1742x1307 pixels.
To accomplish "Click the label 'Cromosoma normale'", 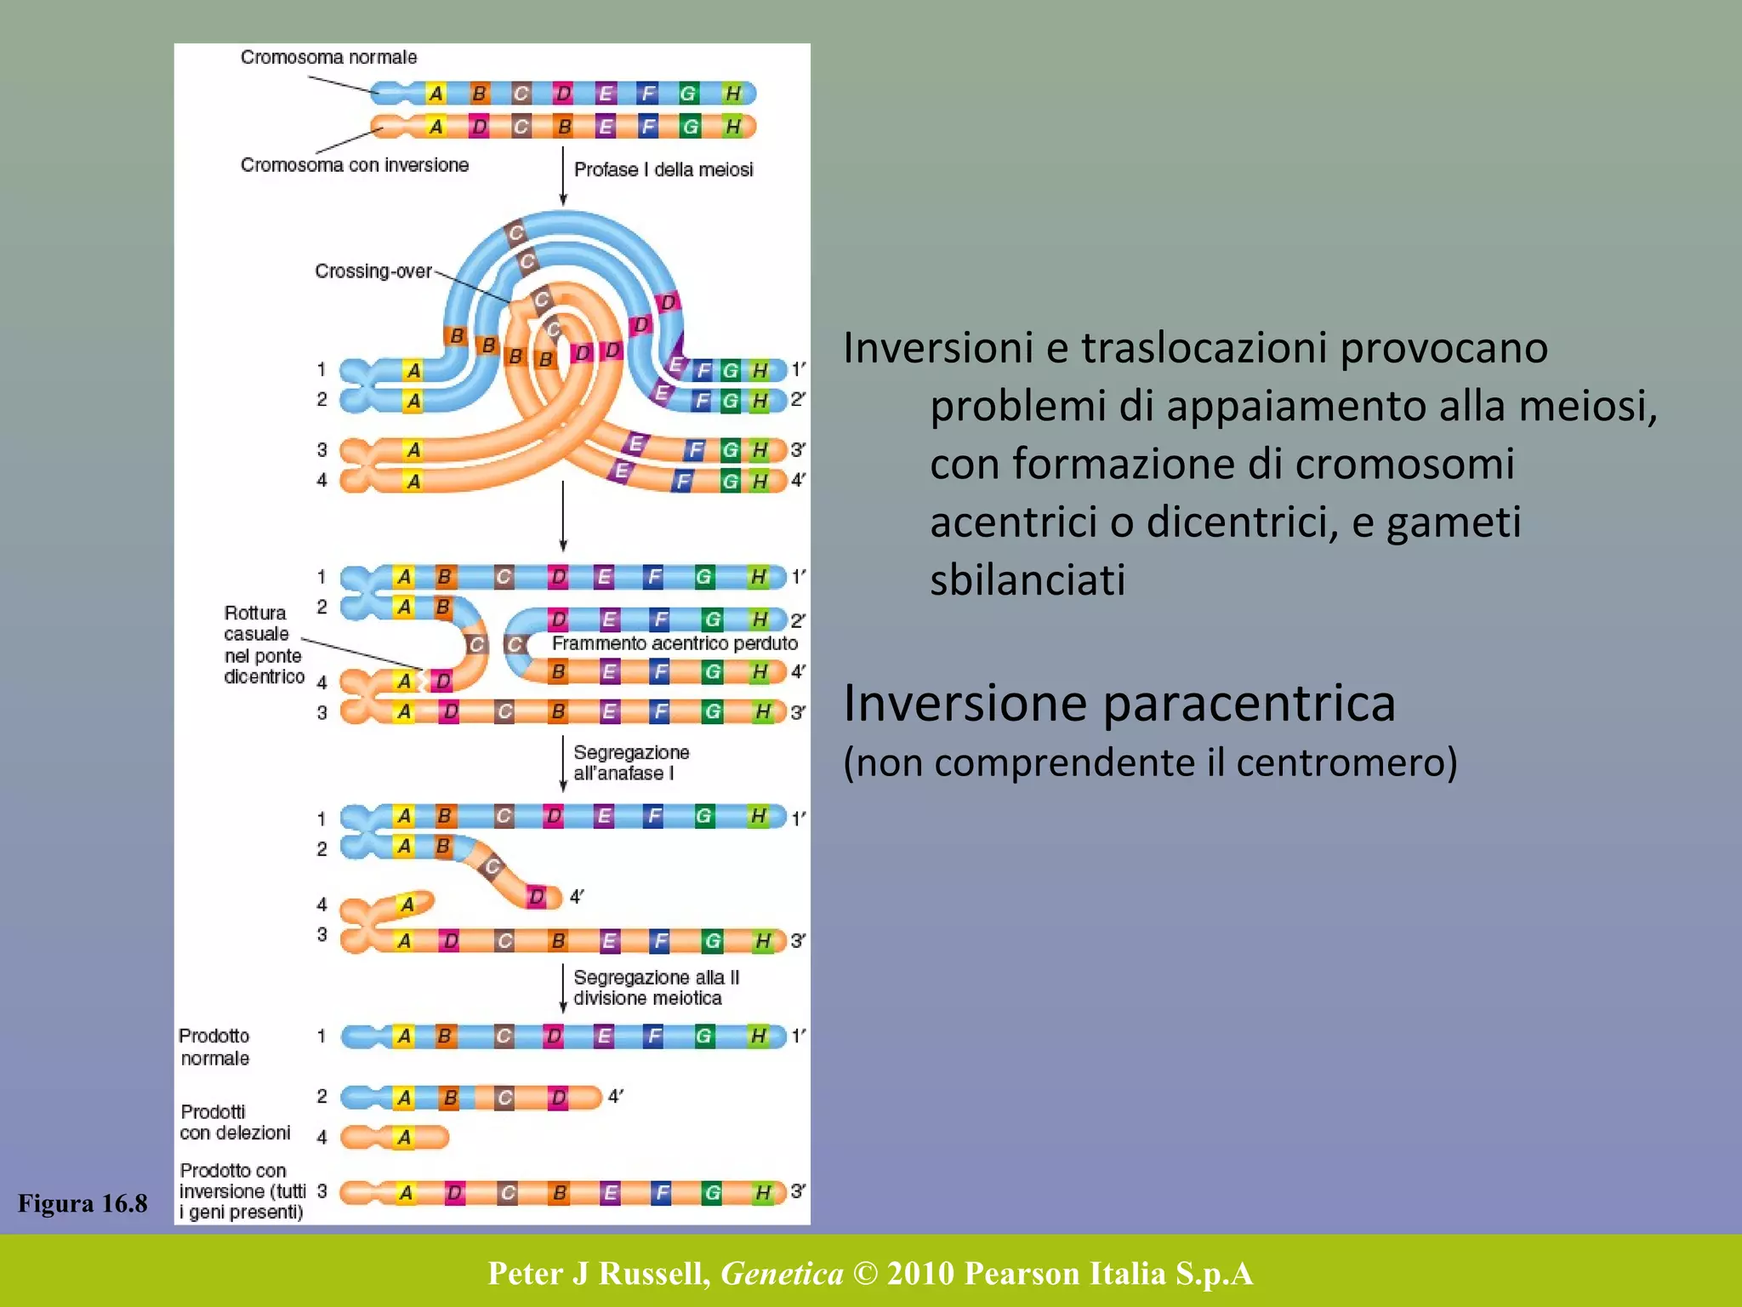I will coord(328,57).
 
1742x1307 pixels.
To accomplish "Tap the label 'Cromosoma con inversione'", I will coord(354,165).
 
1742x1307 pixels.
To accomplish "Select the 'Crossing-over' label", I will coord(373,271).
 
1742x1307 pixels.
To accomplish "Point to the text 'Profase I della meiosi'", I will coord(663,169).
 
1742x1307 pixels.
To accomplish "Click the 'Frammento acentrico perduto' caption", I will coord(675,643).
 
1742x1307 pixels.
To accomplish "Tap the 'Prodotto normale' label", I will coord(214,1047).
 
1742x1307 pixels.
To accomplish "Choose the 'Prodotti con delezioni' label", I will coord(235,1122).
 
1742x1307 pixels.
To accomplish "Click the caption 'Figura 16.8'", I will coord(83,1203).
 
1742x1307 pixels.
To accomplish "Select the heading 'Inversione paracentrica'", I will coord(1119,703).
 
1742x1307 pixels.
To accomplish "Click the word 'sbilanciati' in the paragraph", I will coord(1028,579).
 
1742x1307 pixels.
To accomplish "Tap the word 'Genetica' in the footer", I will coord(782,1273).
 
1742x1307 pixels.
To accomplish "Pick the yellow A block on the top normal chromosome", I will coord(435,94).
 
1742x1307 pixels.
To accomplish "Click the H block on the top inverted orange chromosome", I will coord(732,127).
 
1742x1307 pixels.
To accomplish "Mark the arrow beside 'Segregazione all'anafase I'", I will coord(562,763).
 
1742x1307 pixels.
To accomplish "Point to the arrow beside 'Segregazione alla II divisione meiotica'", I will coord(562,988).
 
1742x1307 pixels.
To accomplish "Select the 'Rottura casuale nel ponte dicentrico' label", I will coord(263,644).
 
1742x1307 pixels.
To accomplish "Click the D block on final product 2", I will coord(558,1098).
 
